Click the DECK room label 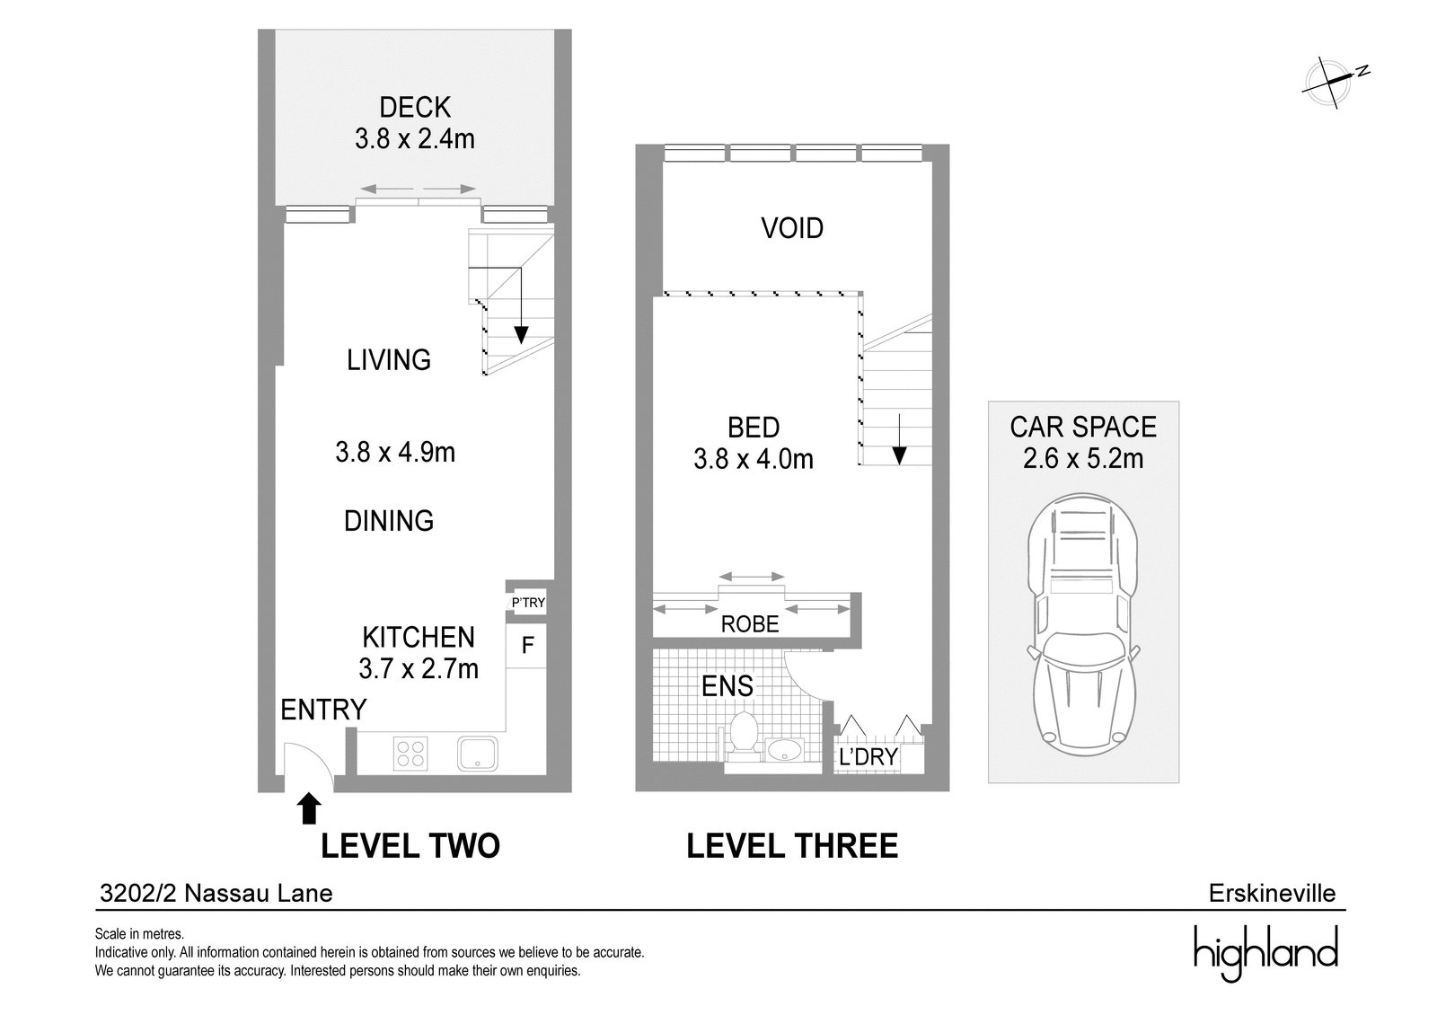pos(415,107)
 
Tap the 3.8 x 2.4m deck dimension pos(415,138)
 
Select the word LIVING pos(389,360)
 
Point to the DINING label pos(389,520)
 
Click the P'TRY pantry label pos(528,603)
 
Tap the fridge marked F pos(527,645)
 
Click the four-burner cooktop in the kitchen pos(410,754)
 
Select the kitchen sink pos(478,753)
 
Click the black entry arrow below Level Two pos(309,808)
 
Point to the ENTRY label pos(323,710)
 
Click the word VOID pos(792,228)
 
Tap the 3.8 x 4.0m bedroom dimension pos(754,459)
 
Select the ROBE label pos(750,624)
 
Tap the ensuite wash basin pos(784,749)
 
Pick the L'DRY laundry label pos(868,757)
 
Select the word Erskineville pos(1273,893)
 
